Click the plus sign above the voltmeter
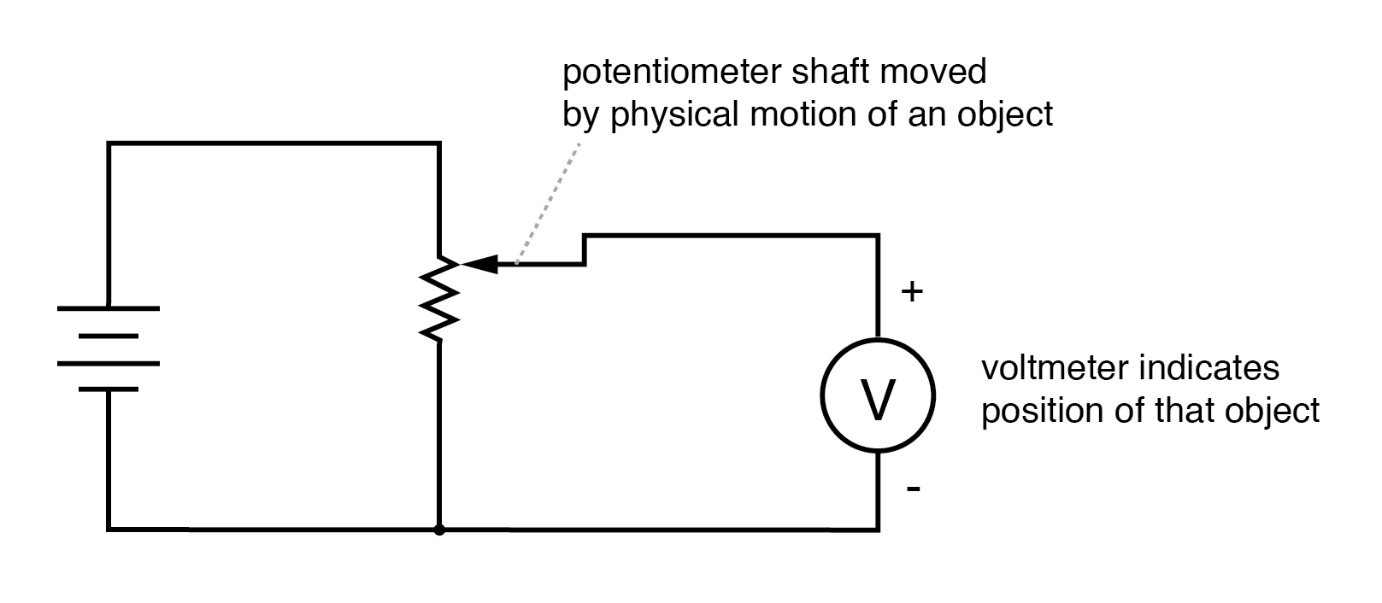point(913,292)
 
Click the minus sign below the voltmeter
point(913,489)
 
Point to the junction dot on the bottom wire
point(439,530)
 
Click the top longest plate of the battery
point(109,307)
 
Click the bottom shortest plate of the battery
point(109,389)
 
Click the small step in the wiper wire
point(585,249)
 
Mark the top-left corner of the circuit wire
point(109,144)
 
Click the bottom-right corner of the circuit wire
point(878,530)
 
